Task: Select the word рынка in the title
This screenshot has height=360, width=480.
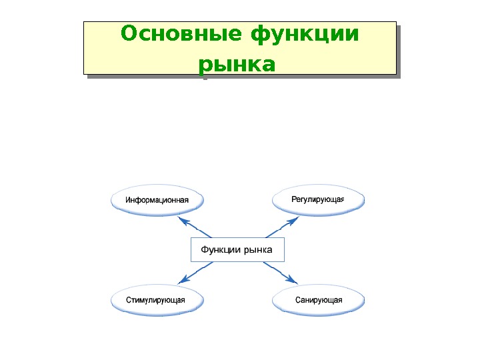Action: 237,65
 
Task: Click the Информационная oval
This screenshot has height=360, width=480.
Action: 157,200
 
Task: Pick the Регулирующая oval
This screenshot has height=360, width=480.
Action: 318,200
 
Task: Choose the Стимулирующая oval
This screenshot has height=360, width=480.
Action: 157,300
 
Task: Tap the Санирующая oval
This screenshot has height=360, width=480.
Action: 319,300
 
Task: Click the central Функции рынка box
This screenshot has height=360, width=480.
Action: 237,249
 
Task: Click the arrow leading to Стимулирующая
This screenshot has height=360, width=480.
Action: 197,271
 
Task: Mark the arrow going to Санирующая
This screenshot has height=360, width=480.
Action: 279,271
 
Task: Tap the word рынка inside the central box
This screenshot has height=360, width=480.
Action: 258,250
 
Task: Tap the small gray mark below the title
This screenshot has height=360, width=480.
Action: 205,78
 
